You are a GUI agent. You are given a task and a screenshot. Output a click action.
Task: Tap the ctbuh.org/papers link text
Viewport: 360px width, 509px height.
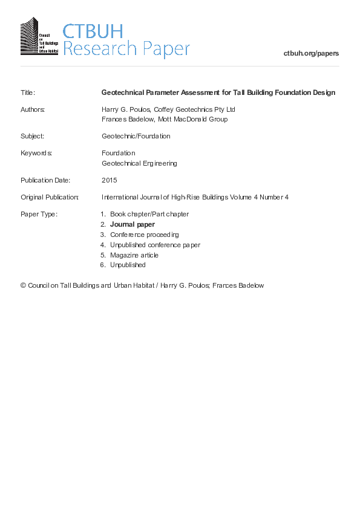[x=311, y=53]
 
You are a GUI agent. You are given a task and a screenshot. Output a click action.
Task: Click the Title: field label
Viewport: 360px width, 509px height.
[x=28, y=92]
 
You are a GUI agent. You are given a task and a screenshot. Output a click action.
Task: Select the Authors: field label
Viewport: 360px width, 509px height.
[x=33, y=109]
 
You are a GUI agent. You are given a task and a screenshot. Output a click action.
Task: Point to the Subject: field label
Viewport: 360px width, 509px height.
[x=32, y=136]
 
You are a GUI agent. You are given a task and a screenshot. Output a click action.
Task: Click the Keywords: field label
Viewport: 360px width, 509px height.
[x=36, y=153]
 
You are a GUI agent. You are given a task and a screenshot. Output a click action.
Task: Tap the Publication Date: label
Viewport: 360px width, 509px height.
[x=45, y=180]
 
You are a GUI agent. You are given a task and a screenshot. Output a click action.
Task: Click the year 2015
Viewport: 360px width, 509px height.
[x=110, y=180]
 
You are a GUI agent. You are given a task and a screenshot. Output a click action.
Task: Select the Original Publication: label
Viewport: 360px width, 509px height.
[x=50, y=197]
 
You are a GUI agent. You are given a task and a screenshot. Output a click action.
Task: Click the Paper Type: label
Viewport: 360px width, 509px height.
[x=39, y=214]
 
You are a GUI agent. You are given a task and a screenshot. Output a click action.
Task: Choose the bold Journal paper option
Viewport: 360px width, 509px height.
[x=133, y=224]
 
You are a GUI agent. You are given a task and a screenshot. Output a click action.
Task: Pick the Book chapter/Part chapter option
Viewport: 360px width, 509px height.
[x=149, y=214]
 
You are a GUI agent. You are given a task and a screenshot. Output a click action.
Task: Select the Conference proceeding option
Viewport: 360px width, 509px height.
[x=145, y=235]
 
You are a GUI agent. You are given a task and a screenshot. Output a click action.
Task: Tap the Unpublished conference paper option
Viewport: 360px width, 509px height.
[x=155, y=245]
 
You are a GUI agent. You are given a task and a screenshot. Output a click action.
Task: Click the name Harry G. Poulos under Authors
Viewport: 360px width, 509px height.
[x=126, y=109]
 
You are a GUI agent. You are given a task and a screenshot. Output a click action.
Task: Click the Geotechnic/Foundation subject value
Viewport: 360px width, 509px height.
[x=136, y=136]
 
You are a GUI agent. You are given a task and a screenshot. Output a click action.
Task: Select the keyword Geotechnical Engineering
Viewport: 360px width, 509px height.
[x=139, y=163]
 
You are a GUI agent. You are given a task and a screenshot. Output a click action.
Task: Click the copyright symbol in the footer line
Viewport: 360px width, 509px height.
[x=24, y=285]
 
